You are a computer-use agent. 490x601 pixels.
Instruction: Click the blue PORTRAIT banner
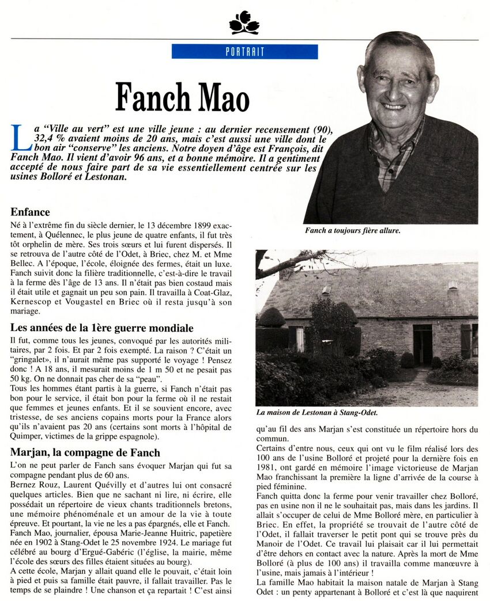(x=244, y=52)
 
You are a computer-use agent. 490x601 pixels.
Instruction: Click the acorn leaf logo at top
(x=244, y=23)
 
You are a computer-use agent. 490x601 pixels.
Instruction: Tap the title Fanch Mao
(x=182, y=97)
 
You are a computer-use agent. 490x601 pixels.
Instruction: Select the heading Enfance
(x=30, y=212)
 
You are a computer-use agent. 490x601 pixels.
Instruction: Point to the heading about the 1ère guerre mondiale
(x=102, y=328)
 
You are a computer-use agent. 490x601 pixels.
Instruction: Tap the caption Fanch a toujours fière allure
(x=352, y=230)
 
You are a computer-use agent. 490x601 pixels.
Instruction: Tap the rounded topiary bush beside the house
(x=270, y=317)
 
